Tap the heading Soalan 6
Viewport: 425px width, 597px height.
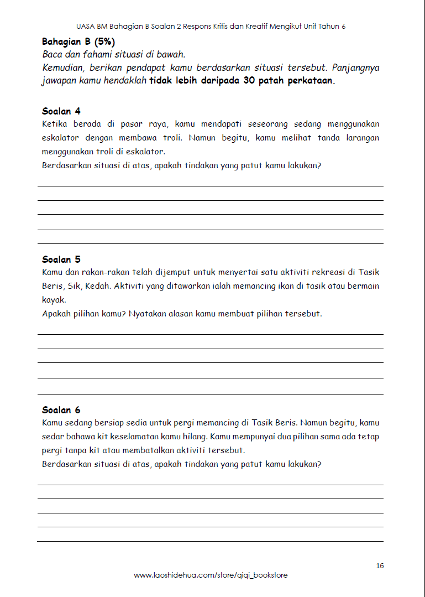tap(61, 410)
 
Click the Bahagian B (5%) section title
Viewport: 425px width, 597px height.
tap(78, 41)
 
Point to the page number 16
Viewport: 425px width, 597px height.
tap(379, 565)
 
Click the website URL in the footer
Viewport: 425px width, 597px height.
tap(211, 575)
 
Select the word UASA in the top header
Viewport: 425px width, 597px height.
tap(86, 27)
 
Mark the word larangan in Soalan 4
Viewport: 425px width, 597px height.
tap(363, 138)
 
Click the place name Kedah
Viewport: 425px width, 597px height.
tap(98, 286)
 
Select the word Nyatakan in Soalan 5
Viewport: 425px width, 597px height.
tap(148, 313)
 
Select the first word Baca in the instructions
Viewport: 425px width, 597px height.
tap(52, 54)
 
